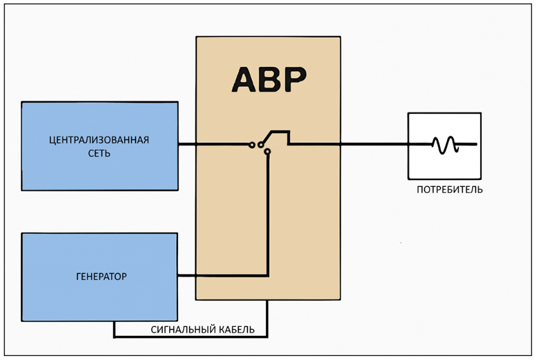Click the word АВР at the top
point(268,79)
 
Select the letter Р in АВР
point(292,79)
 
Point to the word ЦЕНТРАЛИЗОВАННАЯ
point(99,140)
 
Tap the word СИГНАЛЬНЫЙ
point(180,329)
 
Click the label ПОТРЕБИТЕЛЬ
point(450,190)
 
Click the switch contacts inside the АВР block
point(261,145)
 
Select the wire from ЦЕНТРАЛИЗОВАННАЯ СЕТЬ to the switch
point(213,144)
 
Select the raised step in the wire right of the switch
point(281,132)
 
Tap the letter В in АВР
point(268,79)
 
